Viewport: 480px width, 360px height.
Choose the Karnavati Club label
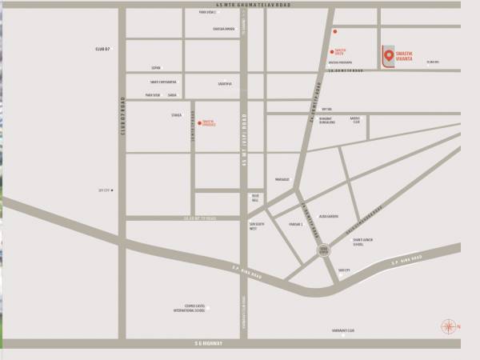click(344, 329)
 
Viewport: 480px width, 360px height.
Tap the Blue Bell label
click(255, 197)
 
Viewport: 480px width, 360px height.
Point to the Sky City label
click(102, 190)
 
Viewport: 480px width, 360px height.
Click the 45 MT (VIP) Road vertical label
click(243, 140)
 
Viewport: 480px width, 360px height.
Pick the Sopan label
click(156, 68)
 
